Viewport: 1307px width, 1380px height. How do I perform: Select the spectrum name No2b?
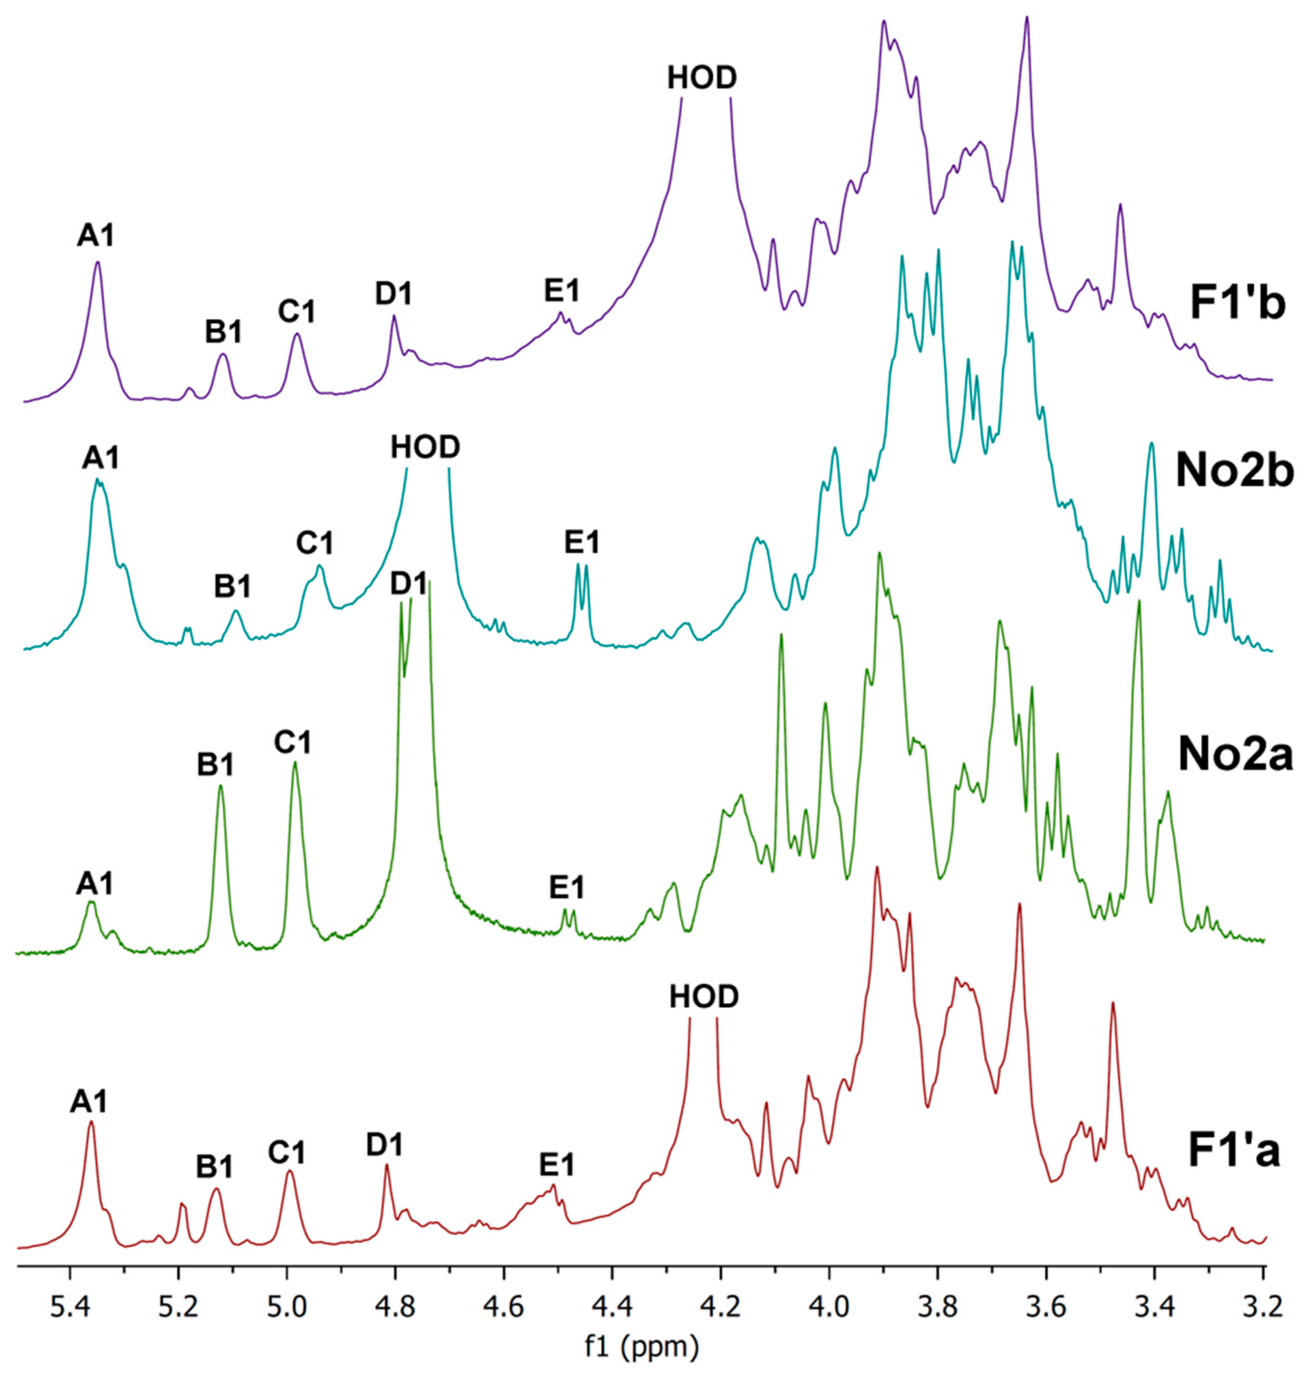click(x=1234, y=472)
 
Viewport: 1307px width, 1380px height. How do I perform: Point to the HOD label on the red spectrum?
click(x=704, y=997)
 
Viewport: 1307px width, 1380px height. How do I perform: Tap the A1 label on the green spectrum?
click(x=94, y=885)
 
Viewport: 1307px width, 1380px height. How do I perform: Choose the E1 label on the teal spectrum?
click(x=582, y=542)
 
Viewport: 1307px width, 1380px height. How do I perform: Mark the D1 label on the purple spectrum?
click(x=394, y=294)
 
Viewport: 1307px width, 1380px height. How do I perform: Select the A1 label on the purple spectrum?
click(x=95, y=237)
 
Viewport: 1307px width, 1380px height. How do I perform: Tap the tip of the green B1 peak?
click(x=221, y=787)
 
